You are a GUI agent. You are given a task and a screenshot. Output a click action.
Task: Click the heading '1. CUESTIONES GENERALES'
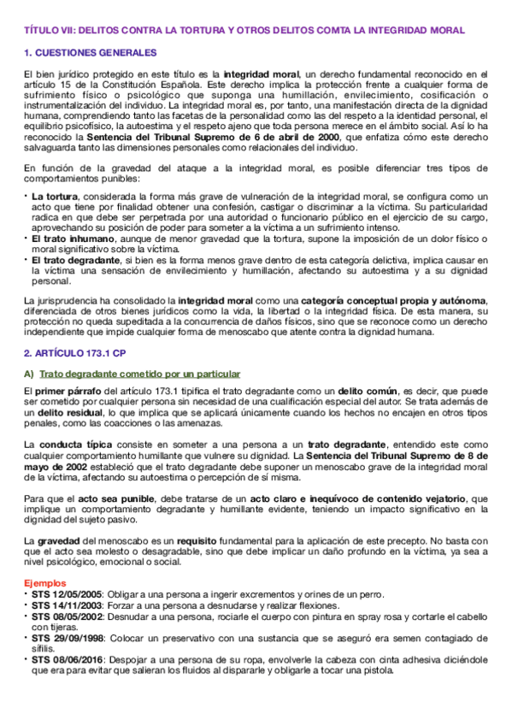pyautogui.click(x=84, y=53)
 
